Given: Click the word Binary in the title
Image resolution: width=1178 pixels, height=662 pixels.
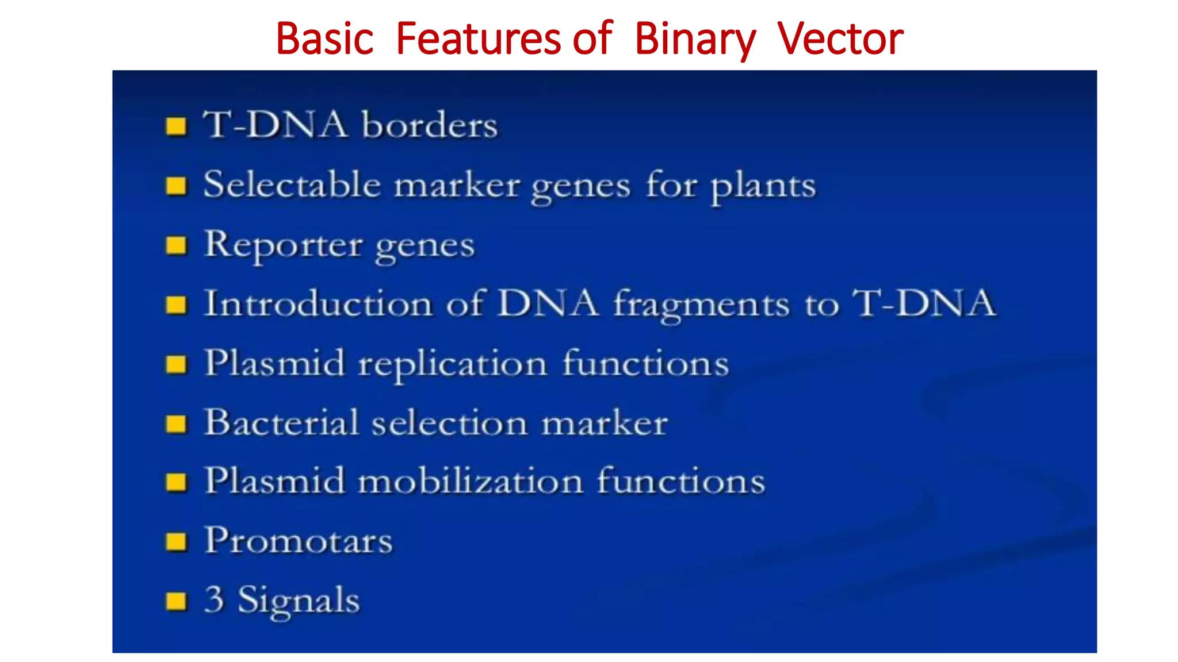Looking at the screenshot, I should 695,39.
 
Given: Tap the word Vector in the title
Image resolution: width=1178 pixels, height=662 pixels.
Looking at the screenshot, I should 840,39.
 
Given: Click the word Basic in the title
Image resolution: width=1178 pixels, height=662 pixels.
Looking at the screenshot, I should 325,39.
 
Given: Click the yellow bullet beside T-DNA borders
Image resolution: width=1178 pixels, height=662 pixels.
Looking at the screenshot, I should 176,126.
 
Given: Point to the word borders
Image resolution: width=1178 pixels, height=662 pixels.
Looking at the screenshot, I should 429,125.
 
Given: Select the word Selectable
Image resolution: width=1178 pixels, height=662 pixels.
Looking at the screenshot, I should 292,184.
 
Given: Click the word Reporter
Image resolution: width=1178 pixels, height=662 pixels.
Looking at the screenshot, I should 284,245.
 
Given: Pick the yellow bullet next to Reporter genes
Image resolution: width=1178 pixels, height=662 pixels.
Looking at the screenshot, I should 176,245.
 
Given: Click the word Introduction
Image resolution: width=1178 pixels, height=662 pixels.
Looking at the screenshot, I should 318,303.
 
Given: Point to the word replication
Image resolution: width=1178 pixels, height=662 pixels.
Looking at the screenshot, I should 452,364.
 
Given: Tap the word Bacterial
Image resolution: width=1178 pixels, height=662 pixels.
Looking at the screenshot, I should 282,423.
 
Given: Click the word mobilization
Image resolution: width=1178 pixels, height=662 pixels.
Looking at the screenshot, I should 471,481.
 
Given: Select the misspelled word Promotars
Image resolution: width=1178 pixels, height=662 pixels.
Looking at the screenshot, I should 299,541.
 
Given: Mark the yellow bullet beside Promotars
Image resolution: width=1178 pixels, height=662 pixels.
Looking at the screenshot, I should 176,541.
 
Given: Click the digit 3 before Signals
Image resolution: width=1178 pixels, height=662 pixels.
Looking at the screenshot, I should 214,599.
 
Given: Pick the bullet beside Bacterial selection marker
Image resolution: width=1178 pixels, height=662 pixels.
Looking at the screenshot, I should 176,424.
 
